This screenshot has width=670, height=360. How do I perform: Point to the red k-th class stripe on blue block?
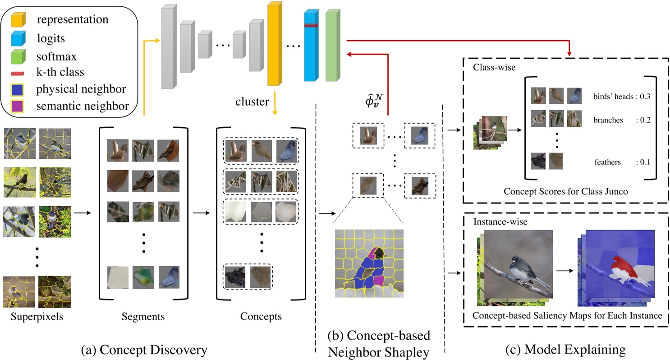pyautogui.click(x=311, y=26)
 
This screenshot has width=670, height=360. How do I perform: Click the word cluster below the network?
pyautogui.click(x=251, y=102)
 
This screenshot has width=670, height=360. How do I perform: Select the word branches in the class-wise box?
pyautogui.click(x=609, y=120)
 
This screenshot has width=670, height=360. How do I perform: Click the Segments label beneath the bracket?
pyautogui.click(x=143, y=316)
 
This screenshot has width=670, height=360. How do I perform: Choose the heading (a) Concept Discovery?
pyautogui.click(x=143, y=349)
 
